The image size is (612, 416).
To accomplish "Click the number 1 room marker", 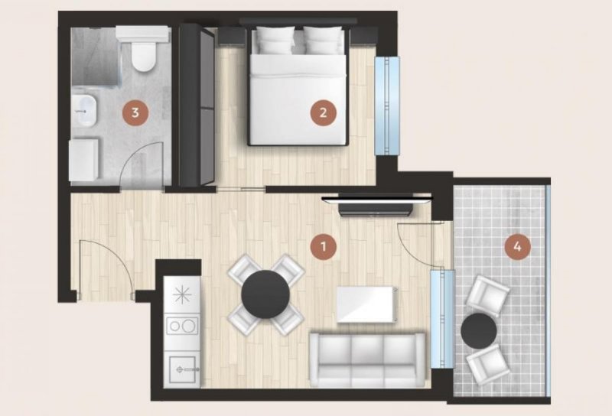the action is (323, 246).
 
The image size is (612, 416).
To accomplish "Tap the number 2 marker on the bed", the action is (323, 112).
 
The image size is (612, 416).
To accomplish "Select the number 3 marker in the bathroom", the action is (135, 112).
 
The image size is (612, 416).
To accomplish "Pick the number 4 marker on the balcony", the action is (518, 246).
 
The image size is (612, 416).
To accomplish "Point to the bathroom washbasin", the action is (84, 110).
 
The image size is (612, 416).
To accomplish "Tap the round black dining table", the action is (265, 294).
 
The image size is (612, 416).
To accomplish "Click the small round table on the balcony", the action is (479, 332).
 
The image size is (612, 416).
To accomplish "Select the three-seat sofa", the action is (367, 360).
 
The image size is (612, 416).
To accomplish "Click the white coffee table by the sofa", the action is (367, 305).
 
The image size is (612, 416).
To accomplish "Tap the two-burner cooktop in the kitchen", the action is (182, 326).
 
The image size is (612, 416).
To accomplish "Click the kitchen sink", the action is (182, 369).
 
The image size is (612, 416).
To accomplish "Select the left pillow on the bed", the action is (275, 40).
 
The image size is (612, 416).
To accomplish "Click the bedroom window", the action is (387, 106).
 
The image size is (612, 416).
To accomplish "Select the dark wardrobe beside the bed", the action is (197, 105).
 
